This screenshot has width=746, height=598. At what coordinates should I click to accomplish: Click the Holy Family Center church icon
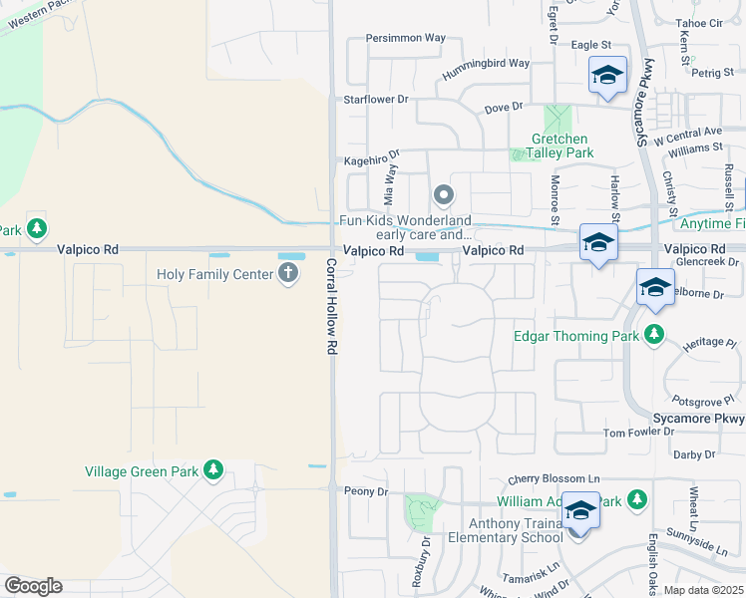(289, 274)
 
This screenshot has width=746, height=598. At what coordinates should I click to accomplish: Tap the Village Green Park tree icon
(212, 469)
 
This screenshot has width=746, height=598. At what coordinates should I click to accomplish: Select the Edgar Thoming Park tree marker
(654, 334)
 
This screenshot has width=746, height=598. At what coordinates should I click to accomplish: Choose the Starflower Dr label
(376, 100)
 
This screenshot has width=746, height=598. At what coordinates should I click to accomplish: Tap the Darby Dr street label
(695, 454)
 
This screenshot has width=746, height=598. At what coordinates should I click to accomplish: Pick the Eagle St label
(590, 45)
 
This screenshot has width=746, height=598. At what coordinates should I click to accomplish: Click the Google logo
(33, 586)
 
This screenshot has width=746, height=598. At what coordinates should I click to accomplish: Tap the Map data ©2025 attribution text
(703, 590)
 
